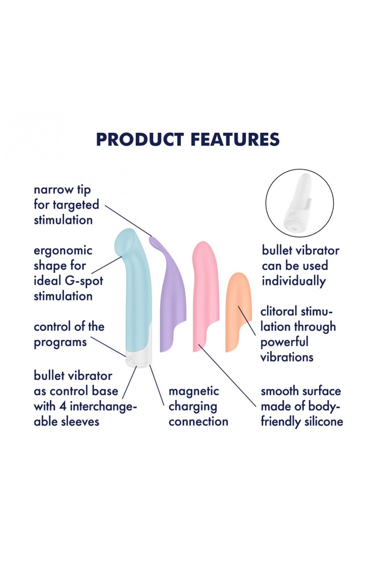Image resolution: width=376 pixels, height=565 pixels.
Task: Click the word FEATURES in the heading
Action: pyautogui.click(x=235, y=139)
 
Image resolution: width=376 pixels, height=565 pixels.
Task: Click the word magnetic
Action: pyautogui.click(x=194, y=391)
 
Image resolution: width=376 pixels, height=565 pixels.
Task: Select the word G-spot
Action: pyautogui.click(x=84, y=281)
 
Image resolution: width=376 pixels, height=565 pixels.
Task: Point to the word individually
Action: pyautogui.click(x=294, y=281)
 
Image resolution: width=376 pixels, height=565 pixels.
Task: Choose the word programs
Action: pyautogui.click(x=60, y=343)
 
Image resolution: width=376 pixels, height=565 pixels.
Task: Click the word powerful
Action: pyautogui.click(x=284, y=342)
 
